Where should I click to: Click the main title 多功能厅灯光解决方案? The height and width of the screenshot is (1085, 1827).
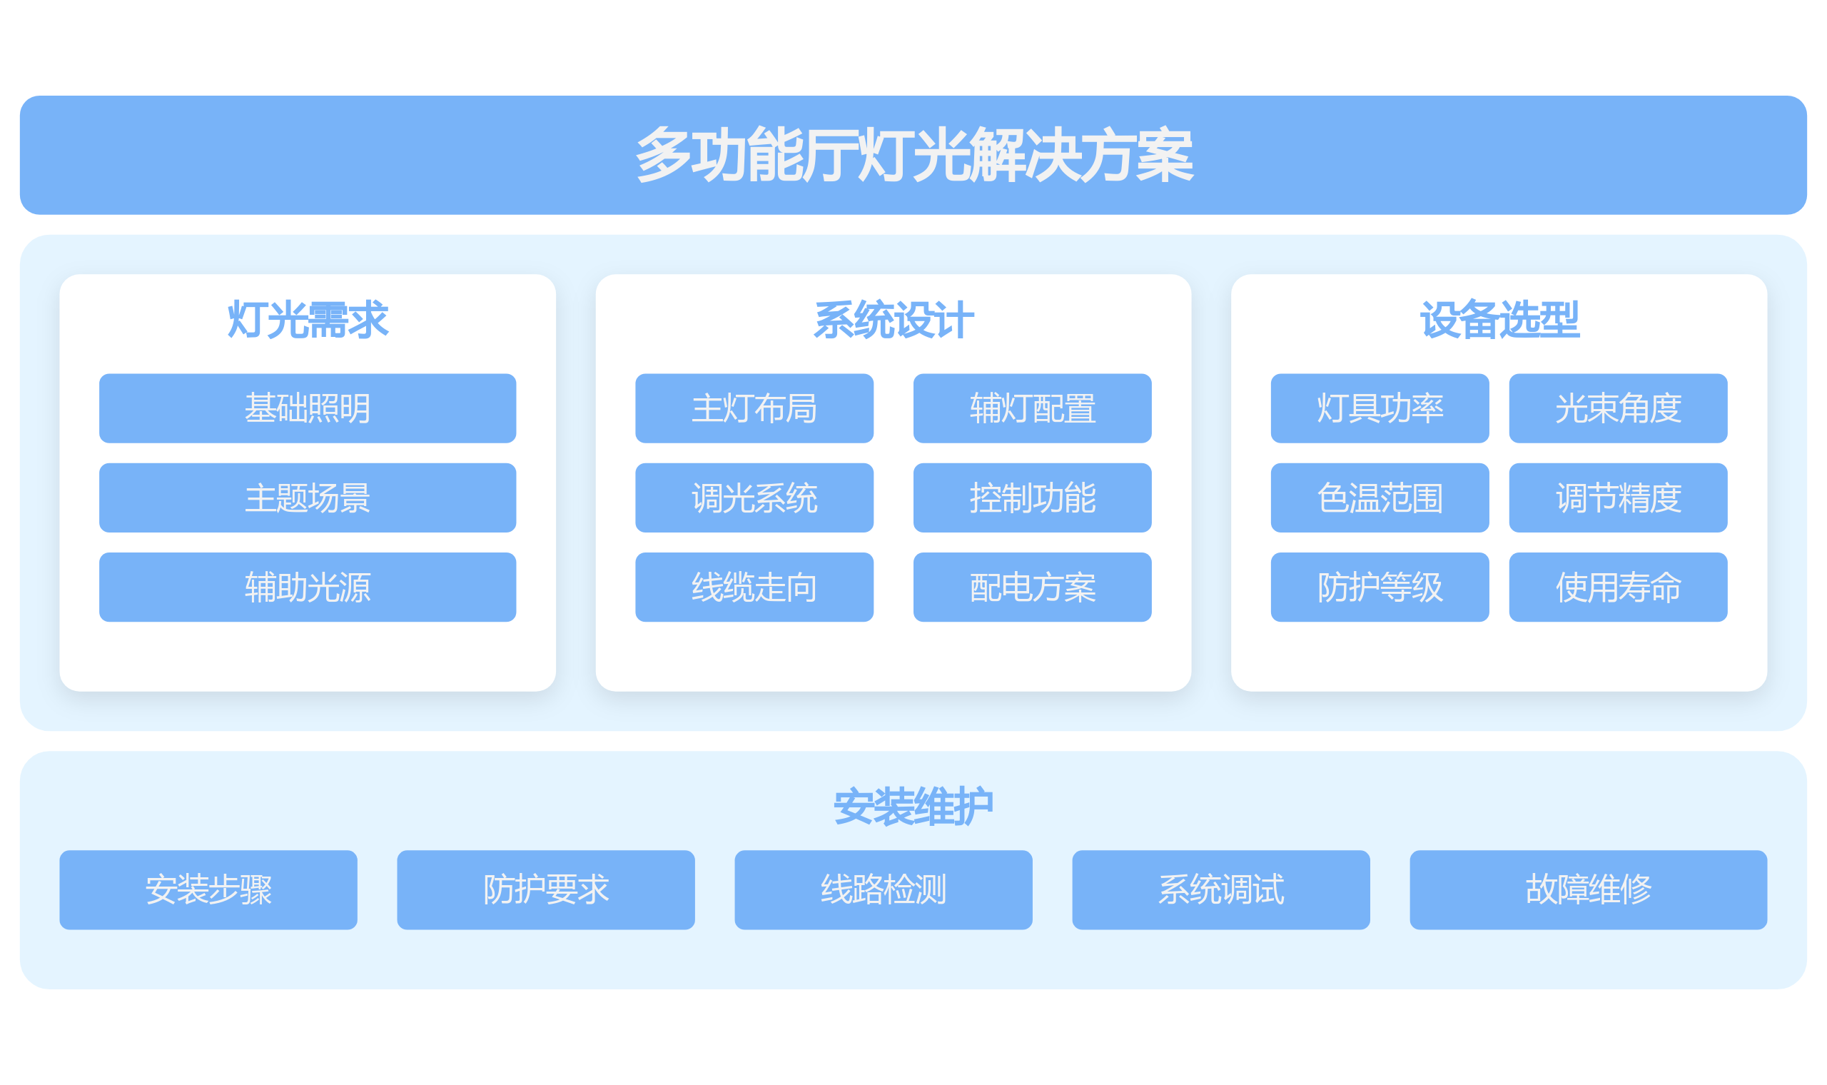coord(913,155)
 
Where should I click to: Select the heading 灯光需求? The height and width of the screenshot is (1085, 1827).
coord(308,321)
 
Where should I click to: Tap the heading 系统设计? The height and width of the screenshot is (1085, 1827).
coord(893,321)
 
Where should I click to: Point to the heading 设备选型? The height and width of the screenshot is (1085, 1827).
coord(1499,321)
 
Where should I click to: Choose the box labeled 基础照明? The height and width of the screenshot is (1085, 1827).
coord(308,408)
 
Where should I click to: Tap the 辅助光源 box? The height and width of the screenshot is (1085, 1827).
coord(308,587)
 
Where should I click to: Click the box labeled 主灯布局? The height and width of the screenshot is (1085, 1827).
coord(754,408)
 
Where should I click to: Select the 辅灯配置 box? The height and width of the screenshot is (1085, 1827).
coord(1033,408)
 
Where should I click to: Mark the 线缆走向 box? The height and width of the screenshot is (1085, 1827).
coord(754,587)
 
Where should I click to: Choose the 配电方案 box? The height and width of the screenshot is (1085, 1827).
coord(1033,587)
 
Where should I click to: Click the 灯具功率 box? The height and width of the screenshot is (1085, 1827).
coord(1380,408)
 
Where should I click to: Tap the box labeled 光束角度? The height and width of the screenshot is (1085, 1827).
coord(1618,408)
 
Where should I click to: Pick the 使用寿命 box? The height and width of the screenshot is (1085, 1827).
coord(1618,587)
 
